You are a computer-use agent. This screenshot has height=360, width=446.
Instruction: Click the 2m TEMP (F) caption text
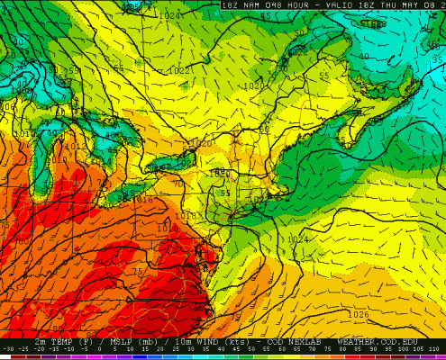tap(64, 343)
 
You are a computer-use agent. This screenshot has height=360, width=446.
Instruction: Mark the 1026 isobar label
tap(360, 314)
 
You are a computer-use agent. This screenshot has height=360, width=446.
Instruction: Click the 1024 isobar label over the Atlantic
tap(297, 239)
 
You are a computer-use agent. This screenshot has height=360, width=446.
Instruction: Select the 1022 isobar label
tap(179, 70)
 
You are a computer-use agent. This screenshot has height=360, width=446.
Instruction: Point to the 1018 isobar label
tap(163, 216)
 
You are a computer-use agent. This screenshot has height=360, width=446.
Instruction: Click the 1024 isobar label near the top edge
tap(167, 15)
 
